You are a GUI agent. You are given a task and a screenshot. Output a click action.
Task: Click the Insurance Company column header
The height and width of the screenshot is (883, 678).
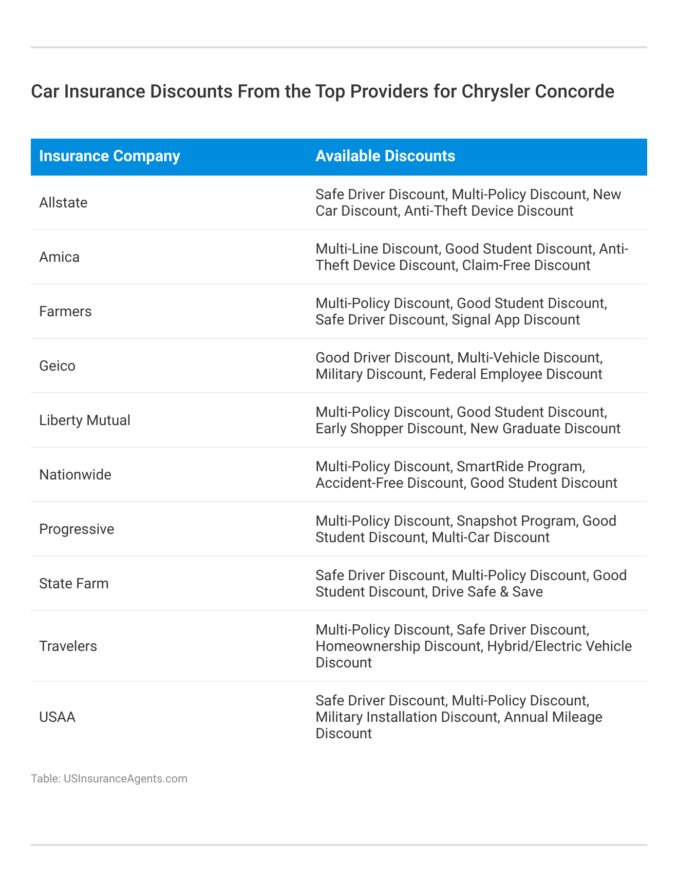109,156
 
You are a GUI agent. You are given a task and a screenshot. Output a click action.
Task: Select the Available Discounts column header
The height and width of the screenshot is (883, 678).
385,156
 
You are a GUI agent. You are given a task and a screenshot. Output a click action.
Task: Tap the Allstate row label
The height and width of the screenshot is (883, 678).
63,203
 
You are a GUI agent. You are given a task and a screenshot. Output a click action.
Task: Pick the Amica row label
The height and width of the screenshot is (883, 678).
60,257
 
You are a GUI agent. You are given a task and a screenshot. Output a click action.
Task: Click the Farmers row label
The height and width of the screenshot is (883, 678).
65,312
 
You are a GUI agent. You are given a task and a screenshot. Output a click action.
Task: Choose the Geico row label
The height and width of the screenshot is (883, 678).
57,366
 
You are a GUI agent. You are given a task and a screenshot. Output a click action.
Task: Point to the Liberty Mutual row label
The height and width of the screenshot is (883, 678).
85,420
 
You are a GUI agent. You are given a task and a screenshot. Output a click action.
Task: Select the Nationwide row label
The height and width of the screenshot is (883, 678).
75,475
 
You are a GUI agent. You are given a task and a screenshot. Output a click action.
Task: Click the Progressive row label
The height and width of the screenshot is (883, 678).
77,529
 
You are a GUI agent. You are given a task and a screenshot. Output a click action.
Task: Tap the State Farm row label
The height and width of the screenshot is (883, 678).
74,584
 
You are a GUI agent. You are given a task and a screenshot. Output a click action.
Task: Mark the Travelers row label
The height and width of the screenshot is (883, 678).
68,646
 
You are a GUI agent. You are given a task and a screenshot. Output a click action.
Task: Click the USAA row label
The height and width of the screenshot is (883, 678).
57,717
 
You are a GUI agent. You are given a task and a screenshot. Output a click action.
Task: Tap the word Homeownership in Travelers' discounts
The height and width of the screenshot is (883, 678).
368,646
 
